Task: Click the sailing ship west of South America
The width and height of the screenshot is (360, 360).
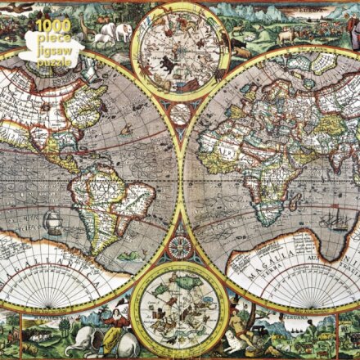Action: [x=52, y=220]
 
